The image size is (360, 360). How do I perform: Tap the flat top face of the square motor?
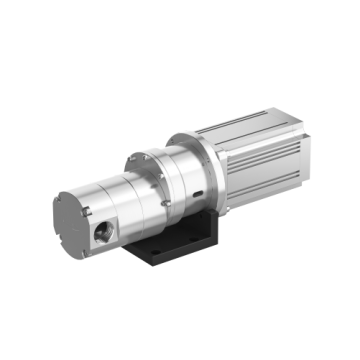point(250,125)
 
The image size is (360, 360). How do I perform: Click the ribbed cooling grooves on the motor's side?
point(265,170)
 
